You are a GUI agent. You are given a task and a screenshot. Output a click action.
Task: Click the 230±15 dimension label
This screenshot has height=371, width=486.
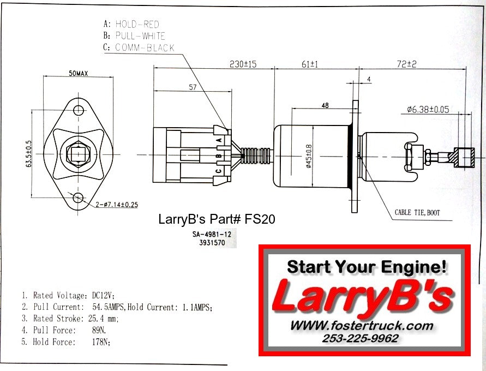click(x=243, y=64)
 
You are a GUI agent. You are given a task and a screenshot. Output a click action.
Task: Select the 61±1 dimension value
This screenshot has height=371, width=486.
click(x=310, y=64)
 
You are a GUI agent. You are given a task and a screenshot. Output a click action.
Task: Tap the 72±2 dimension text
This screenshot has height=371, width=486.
click(x=406, y=64)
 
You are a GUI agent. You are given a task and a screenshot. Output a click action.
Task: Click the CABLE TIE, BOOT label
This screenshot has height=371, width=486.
click(x=417, y=212)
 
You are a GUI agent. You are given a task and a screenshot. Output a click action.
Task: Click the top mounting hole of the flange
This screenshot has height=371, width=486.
click(x=79, y=111)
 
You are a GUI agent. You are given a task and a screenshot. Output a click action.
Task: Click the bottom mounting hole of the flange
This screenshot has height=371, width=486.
click(x=79, y=198)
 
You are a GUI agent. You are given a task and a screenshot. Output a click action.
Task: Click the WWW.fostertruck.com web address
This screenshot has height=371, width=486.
click(x=362, y=326)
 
